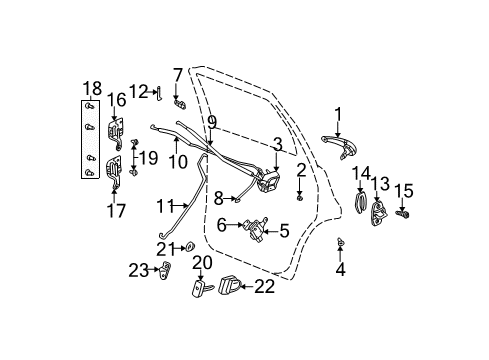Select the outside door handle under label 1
coord(338,144)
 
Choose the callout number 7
coord(177,74)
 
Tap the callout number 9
coord(211,121)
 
